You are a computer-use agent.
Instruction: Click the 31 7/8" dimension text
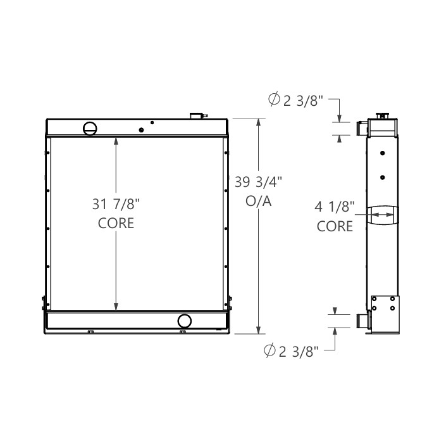click(x=116, y=205)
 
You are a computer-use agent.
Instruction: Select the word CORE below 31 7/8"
click(x=116, y=224)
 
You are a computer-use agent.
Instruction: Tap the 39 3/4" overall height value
click(x=259, y=182)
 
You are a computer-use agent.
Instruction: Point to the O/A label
click(x=259, y=201)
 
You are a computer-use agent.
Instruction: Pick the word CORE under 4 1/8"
click(x=335, y=226)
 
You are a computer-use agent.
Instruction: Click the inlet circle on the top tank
click(x=90, y=128)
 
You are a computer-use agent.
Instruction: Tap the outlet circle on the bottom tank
click(x=185, y=321)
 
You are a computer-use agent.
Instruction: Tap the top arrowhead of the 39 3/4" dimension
click(x=259, y=122)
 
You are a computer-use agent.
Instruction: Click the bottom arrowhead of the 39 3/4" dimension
click(x=259, y=329)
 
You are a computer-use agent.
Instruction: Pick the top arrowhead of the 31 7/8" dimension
click(x=116, y=141)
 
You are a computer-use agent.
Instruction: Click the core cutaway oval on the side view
click(x=383, y=215)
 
